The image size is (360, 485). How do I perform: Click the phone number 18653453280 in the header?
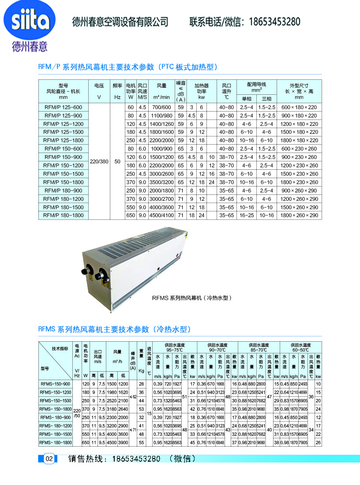(x=274, y=21)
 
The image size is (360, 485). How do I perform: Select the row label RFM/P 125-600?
(x=64, y=107)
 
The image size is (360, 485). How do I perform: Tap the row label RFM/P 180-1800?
(x=64, y=216)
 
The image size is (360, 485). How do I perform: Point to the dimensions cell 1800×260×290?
(x=299, y=216)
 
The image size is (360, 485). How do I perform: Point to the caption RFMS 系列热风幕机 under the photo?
(x=192, y=298)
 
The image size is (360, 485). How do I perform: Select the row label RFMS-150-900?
(x=55, y=384)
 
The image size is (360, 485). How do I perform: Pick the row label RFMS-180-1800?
(x=55, y=442)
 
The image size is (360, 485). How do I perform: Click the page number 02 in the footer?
(x=49, y=459)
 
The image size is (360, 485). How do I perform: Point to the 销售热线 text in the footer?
(x=86, y=459)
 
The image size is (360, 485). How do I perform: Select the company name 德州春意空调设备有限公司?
(x=120, y=21)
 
